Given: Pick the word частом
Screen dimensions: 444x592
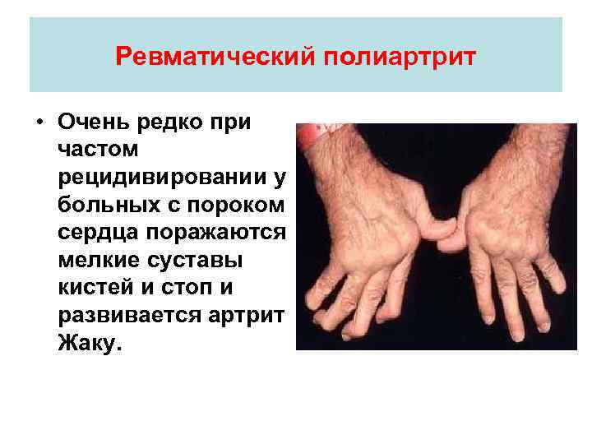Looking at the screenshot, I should point(99,150).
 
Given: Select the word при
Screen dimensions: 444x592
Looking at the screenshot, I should point(233,122).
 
